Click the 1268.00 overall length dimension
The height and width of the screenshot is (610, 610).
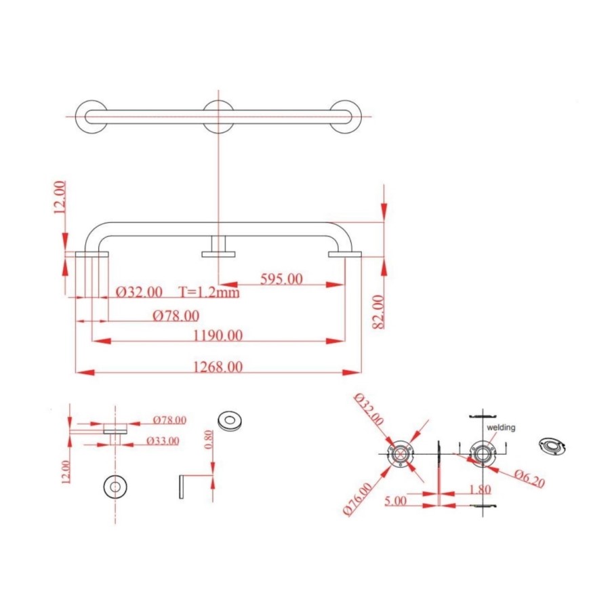click(x=218, y=367)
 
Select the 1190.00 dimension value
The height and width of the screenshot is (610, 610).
click(x=218, y=335)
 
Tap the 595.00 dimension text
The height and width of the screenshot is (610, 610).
click(x=281, y=279)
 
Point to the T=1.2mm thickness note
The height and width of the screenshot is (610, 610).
click(x=209, y=292)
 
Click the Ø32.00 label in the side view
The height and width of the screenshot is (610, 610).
click(x=139, y=292)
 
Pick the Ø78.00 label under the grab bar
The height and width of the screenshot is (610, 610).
click(x=176, y=315)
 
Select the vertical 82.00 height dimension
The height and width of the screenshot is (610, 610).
click(x=378, y=311)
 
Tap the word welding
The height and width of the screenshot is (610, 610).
click(x=502, y=428)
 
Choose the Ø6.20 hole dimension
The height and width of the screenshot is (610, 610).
click(x=529, y=479)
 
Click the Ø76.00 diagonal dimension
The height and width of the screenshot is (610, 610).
click(x=357, y=498)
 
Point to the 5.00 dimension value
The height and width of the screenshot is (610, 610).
click(x=395, y=500)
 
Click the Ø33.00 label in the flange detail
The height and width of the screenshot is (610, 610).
click(x=163, y=441)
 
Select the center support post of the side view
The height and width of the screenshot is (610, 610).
click(x=218, y=247)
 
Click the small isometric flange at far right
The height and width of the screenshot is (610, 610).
click(x=552, y=445)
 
